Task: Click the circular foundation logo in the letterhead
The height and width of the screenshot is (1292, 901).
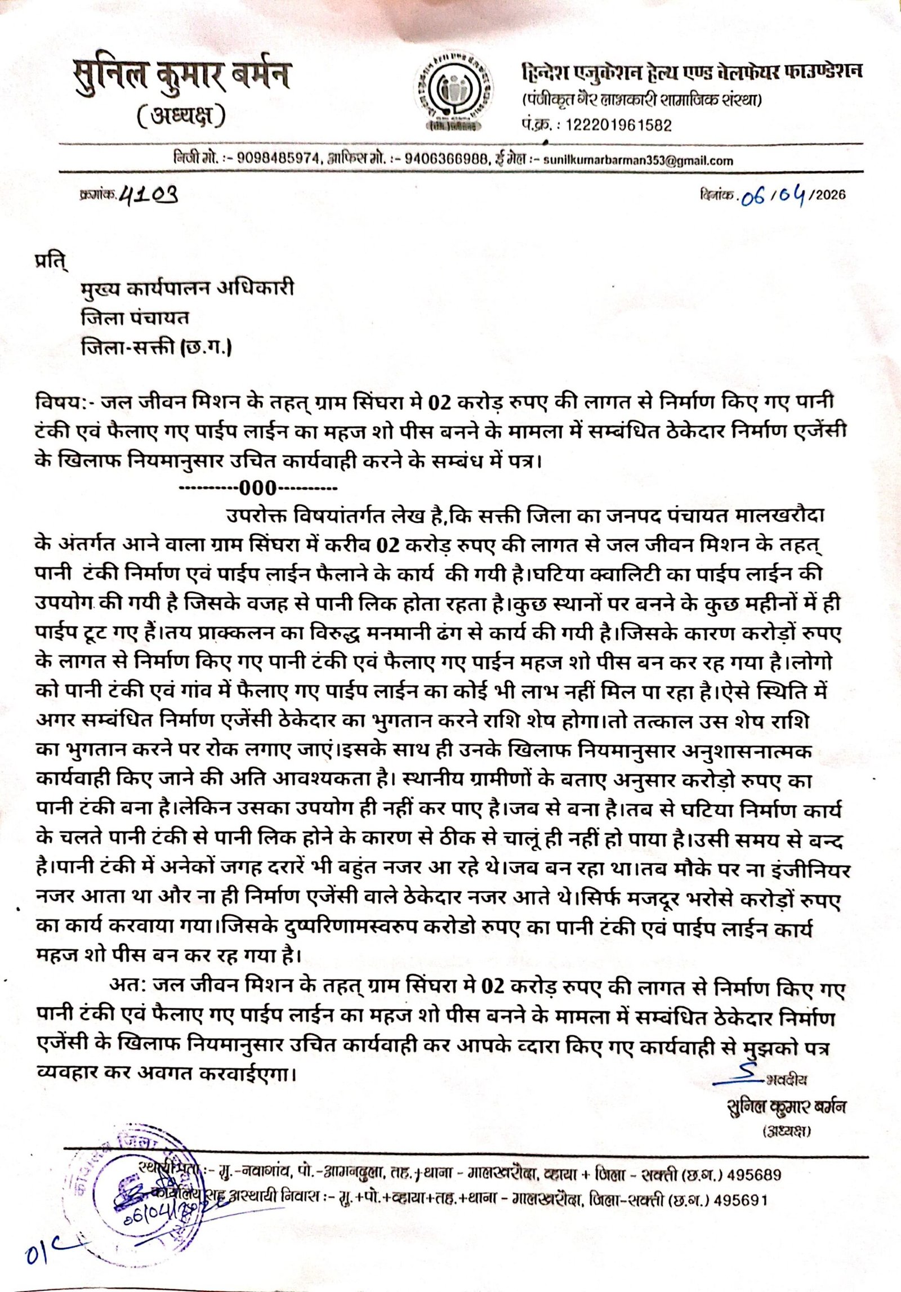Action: click(453, 92)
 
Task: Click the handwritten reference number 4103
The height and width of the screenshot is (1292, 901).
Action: click(149, 195)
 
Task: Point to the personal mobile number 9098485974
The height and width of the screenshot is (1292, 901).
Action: click(278, 158)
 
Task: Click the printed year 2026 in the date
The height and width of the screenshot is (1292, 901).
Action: click(831, 195)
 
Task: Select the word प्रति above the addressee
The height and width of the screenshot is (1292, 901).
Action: click(50, 262)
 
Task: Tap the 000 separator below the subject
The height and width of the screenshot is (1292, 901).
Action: click(258, 488)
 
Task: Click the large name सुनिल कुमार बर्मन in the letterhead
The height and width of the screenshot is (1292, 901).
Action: click(181, 75)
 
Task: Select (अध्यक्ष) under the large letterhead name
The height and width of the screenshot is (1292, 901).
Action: click(181, 117)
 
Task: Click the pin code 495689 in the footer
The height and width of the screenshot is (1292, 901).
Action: click(755, 1175)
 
